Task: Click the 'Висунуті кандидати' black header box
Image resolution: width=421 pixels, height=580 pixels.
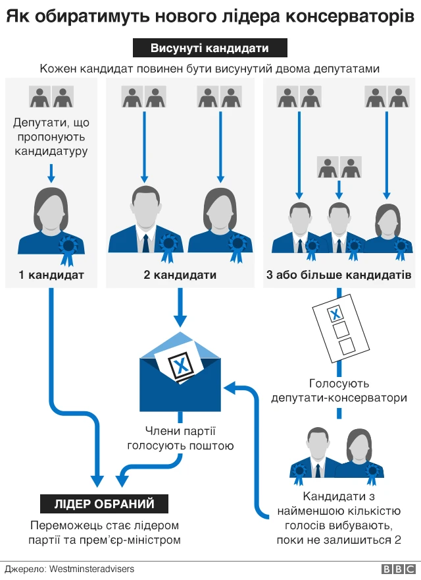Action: pos(210,49)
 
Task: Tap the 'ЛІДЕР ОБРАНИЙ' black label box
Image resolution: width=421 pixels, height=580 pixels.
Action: pos(105,504)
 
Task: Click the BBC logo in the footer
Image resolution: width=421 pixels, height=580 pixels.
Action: pos(397,568)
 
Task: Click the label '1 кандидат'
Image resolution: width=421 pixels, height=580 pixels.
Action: pos(51,274)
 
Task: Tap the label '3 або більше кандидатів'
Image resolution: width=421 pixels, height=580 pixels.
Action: pos(339,274)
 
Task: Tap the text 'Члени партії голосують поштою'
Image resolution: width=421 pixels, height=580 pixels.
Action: pos(180,439)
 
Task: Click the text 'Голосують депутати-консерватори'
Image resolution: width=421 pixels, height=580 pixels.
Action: pos(339,390)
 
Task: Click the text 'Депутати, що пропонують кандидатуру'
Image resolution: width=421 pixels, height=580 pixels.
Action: pos(51,137)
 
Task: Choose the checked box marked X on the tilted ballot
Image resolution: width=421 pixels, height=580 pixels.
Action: pos(334,314)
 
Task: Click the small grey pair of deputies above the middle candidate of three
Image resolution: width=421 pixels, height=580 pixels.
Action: pos(338,167)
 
